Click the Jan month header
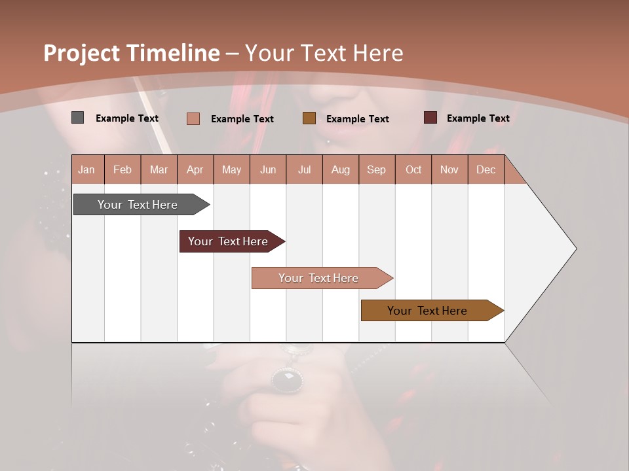click(x=86, y=170)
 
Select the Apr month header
click(x=195, y=170)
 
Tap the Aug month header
click(x=340, y=170)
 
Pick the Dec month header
click(x=486, y=170)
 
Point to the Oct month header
click(x=413, y=170)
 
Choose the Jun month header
click(x=268, y=170)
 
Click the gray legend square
click(x=77, y=118)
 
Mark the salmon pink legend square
click(x=193, y=118)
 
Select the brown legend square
click(x=309, y=118)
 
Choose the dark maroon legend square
click(x=430, y=118)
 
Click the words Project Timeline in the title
click(x=131, y=53)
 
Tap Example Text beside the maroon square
click(x=478, y=118)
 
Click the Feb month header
click(x=123, y=170)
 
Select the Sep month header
click(x=376, y=170)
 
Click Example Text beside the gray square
click(x=126, y=118)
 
